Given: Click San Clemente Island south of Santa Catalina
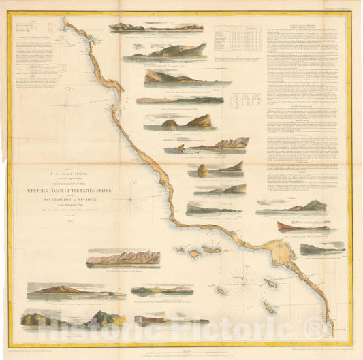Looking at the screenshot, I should [x=269, y=307].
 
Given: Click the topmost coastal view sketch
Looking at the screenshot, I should [x=156, y=28].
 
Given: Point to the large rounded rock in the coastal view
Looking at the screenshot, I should [x=202, y=171].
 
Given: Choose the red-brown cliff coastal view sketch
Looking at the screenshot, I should [x=302, y=227].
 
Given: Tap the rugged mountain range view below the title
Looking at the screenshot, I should [x=123, y=258].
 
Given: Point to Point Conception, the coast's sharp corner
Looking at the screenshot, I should [x=170, y=220].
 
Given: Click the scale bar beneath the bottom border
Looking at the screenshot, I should [x=188, y=353].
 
